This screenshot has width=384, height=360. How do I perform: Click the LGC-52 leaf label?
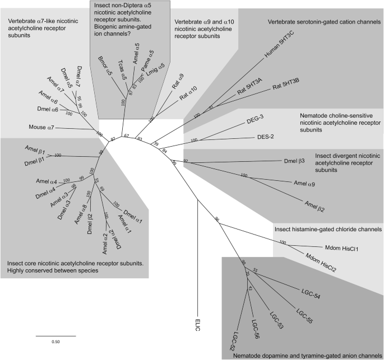(x=233, y=341)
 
